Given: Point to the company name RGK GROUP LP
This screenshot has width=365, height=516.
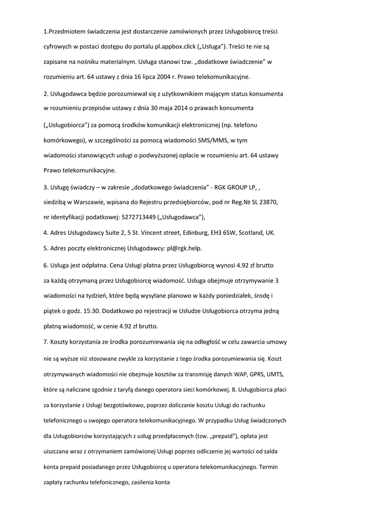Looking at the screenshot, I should click(234, 187).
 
